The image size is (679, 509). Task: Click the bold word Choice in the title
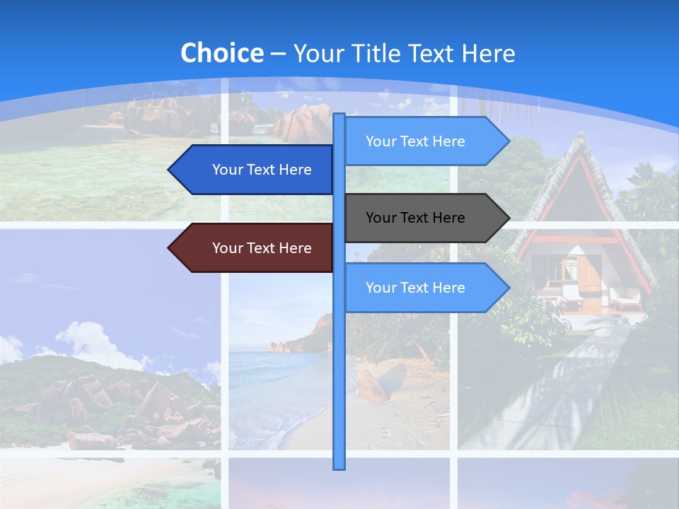coord(221,53)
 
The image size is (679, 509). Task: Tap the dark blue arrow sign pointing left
coord(255,170)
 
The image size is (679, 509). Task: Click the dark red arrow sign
coord(255,248)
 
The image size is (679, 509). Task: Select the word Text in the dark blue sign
coord(262,170)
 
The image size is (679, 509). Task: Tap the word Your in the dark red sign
coord(227,248)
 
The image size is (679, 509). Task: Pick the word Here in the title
coord(488,54)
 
